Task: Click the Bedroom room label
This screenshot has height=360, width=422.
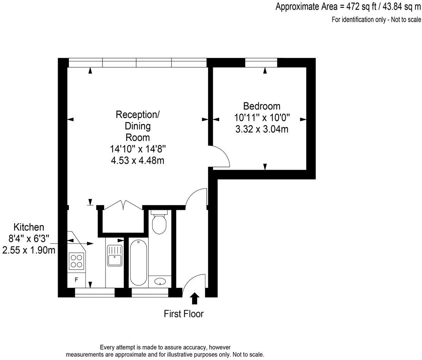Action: (262, 106)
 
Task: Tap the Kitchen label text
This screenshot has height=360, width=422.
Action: (29, 227)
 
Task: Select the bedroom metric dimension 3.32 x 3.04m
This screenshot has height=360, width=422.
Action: (262, 129)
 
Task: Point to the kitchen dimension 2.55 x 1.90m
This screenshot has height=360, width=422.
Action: (29, 250)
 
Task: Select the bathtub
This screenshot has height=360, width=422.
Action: (138, 263)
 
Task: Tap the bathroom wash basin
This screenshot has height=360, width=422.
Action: (160, 281)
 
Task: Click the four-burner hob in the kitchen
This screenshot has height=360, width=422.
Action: (76, 261)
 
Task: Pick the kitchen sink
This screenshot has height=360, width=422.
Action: (114, 256)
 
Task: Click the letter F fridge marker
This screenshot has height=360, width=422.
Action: (76, 280)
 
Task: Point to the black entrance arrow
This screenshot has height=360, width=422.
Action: (194, 298)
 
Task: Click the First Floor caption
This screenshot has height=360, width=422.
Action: (184, 314)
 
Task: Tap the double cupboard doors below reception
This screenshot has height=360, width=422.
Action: (123, 205)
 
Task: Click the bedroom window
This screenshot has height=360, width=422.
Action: (261, 63)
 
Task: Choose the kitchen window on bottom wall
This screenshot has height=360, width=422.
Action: (95, 292)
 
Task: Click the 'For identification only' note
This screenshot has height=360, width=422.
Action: (376, 19)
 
